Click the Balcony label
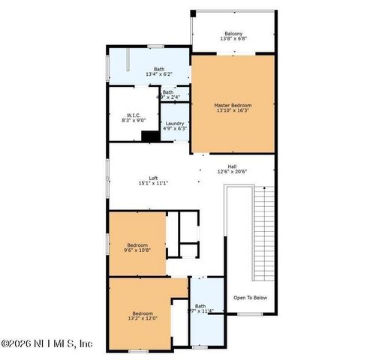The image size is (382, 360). pos(233,34)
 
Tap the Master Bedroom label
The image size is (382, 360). pos(233,106)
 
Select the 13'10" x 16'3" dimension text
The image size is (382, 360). pos(233,112)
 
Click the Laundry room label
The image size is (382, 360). pos(175,123)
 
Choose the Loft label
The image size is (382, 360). pos(153,178)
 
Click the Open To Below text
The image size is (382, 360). pos(250,298)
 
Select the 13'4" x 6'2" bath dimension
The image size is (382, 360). pos(160,75)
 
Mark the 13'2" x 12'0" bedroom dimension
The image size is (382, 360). pos(143,319)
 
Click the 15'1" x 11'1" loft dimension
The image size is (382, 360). pos(153,184)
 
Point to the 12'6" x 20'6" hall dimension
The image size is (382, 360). pos(233,172)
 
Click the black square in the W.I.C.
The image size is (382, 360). pos(150,136)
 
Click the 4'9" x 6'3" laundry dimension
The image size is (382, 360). pos(175,129)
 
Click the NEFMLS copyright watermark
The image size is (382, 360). pos(47,344)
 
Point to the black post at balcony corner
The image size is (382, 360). pos(193,13)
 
